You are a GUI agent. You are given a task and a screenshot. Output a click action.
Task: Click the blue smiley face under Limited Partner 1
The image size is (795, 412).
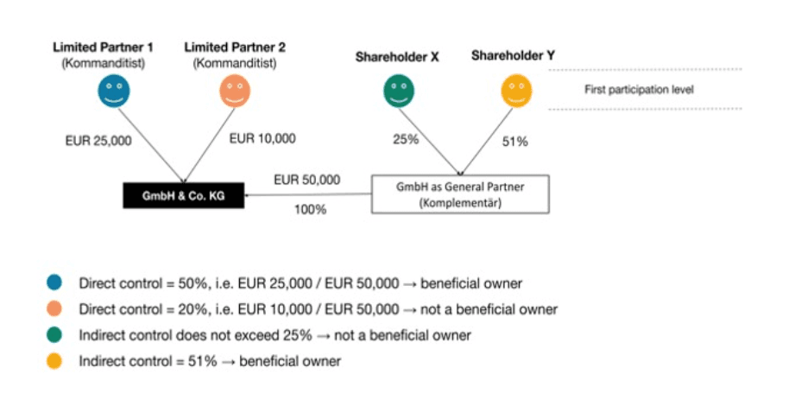pyautogui.click(x=114, y=91)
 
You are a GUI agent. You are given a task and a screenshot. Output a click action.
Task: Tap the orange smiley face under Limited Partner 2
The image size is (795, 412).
pyautogui.click(x=235, y=91)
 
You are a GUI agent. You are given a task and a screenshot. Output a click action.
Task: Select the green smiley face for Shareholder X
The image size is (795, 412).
pyautogui.click(x=399, y=91)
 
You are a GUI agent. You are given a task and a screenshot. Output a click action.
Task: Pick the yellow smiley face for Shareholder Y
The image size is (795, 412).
pyautogui.click(x=516, y=91)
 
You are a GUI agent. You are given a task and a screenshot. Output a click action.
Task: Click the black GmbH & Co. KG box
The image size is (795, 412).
pyautogui.click(x=184, y=195)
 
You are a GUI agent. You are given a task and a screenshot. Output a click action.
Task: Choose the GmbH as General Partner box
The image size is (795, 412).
pyautogui.click(x=460, y=194)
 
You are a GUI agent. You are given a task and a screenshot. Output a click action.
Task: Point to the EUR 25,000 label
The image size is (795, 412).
pyautogui.click(x=98, y=141)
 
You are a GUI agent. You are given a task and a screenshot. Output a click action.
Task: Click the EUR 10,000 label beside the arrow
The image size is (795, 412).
pyautogui.click(x=262, y=138)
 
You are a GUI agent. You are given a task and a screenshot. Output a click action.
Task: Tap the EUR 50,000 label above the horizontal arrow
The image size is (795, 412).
pyautogui.click(x=306, y=180)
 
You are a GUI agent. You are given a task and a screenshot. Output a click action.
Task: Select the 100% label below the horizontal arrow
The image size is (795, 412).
pyautogui.click(x=310, y=209)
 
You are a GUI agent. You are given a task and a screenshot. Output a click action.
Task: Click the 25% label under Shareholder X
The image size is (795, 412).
pyautogui.click(x=406, y=139)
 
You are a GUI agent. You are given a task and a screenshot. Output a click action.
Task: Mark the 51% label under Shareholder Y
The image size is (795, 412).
pyautogui.click(x=515, y=142)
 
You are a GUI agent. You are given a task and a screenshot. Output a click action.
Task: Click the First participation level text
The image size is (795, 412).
pyautogui.click(x=639, y=90)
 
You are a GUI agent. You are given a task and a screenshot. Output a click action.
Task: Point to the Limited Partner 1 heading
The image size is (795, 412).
pyautogui.click(x=103, y=48)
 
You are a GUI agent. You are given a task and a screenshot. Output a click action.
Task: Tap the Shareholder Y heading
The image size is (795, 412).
pyautogui.click(x=513, y=55)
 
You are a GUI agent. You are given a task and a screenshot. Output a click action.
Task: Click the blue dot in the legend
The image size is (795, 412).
pyautogui.click(x=54, y=282)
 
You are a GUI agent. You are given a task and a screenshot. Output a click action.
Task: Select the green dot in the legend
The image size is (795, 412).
pyautogui.click(x=54, y=335)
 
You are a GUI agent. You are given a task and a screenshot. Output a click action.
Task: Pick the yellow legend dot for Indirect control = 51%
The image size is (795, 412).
pyautogui.click(x=54, y=361)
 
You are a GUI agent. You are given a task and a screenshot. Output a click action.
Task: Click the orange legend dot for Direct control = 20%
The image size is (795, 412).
pyautogui.click(x=54, y=308)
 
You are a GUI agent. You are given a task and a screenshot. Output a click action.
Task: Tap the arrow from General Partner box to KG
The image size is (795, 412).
pyautogui.click(x=308, y=194)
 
